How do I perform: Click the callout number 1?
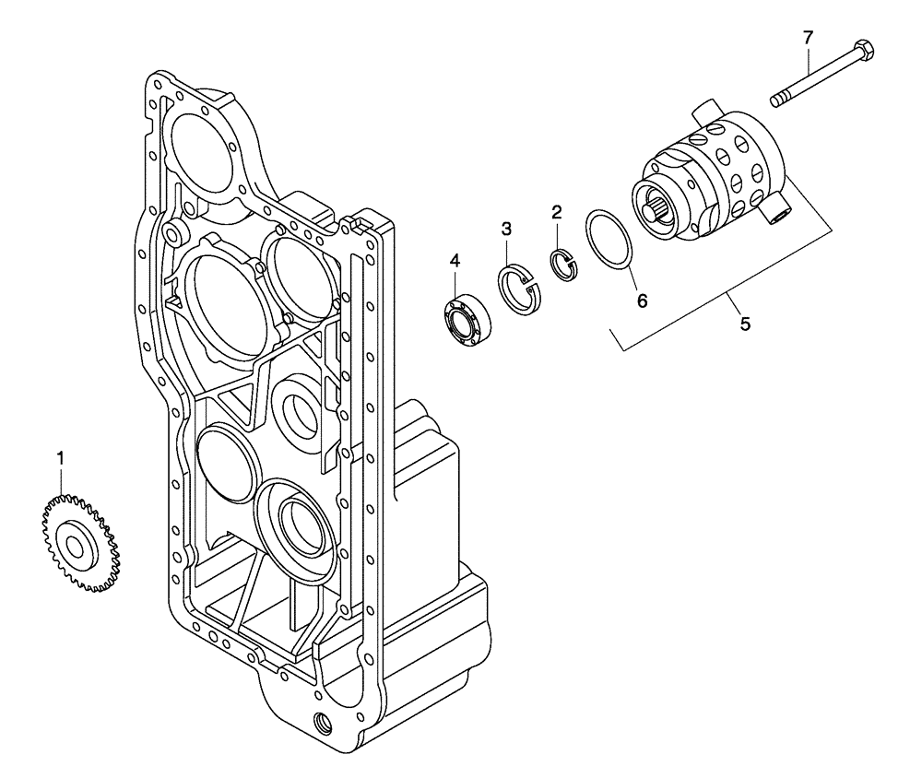(61, 457)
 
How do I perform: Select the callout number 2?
(556, 212)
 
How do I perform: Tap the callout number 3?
(506, 228)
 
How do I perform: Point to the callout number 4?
(455, 262)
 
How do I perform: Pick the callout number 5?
(745, 324)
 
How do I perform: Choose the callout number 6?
(642, 300)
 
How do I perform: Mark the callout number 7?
(808, 38)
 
